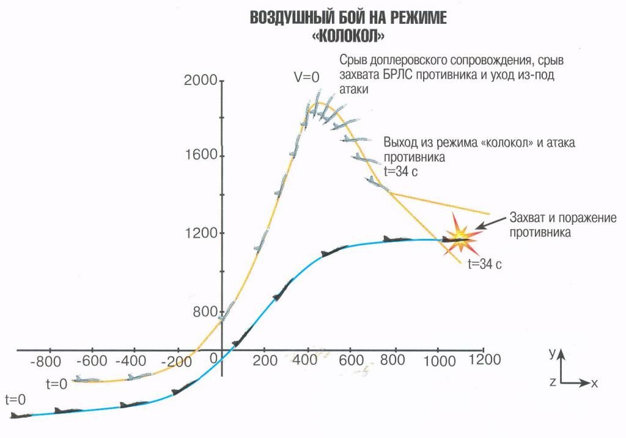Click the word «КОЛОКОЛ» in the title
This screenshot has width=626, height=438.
coord(348,36)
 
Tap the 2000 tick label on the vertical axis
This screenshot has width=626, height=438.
coord(201,82)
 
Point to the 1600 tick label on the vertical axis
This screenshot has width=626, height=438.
coord(201,155)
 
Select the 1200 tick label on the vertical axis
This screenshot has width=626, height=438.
coord(201,233)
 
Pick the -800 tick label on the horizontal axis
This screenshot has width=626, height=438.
coord(46,360)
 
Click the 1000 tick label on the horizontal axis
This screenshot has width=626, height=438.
coord(438,360)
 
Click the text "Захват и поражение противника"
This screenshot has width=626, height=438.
coord(562,225)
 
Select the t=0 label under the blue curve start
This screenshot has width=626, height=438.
coord(15,400)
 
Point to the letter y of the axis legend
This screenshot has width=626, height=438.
coord(551,353)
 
